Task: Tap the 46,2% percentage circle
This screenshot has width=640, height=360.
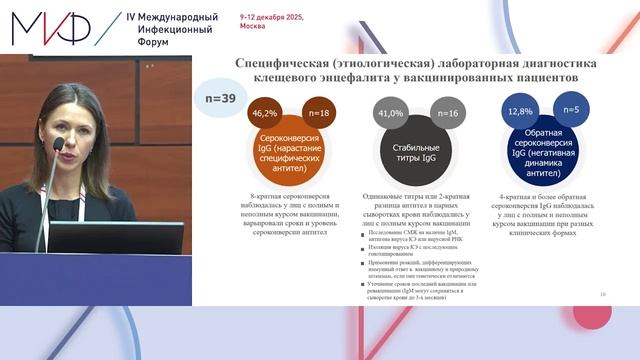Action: click(264, 115)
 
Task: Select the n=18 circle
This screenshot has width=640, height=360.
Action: click(320, 115)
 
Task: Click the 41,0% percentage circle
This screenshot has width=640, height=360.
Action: click(389, 115)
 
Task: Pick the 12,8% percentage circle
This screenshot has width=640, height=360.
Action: click(519, 113)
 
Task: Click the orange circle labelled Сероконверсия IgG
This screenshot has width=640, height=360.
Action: click(292, 151)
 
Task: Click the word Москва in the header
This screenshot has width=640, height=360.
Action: click(252, 30)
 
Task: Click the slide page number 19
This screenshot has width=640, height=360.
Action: click(603, 293)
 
